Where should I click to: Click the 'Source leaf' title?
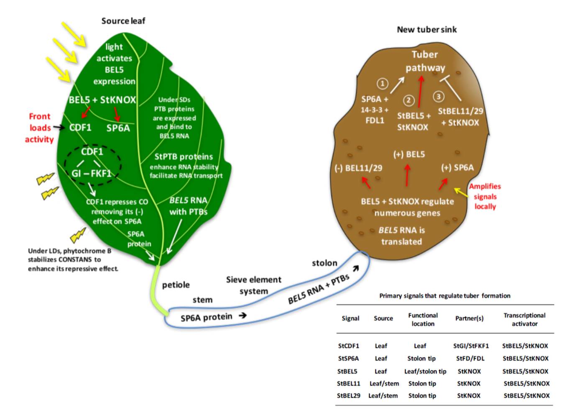click(123, 21)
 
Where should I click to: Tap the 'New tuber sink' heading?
click(426, 30)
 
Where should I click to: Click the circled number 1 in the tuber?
click(382, 84)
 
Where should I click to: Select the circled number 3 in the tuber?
click(438, 97)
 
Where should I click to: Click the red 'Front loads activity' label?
click(39, 128)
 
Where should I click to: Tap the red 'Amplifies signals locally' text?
click(485, 196)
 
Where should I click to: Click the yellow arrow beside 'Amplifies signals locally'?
click(461, 192)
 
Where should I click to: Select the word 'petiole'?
click(176, 285)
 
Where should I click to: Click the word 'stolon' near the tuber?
click(324, 263)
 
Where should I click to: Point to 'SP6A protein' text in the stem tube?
click(206, 318)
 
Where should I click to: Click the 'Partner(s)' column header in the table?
click(469, 318)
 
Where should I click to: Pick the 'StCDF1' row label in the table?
click(348, 346)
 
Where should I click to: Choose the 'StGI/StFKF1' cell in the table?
click(471, 346)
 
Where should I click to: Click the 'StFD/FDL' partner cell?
click(470, 359)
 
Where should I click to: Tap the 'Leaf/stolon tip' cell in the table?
click(425, 372)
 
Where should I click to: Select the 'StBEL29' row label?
click(349, 395)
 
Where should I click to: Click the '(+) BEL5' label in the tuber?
click(409, 154)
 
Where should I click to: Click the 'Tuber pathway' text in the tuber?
click(425, 61)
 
